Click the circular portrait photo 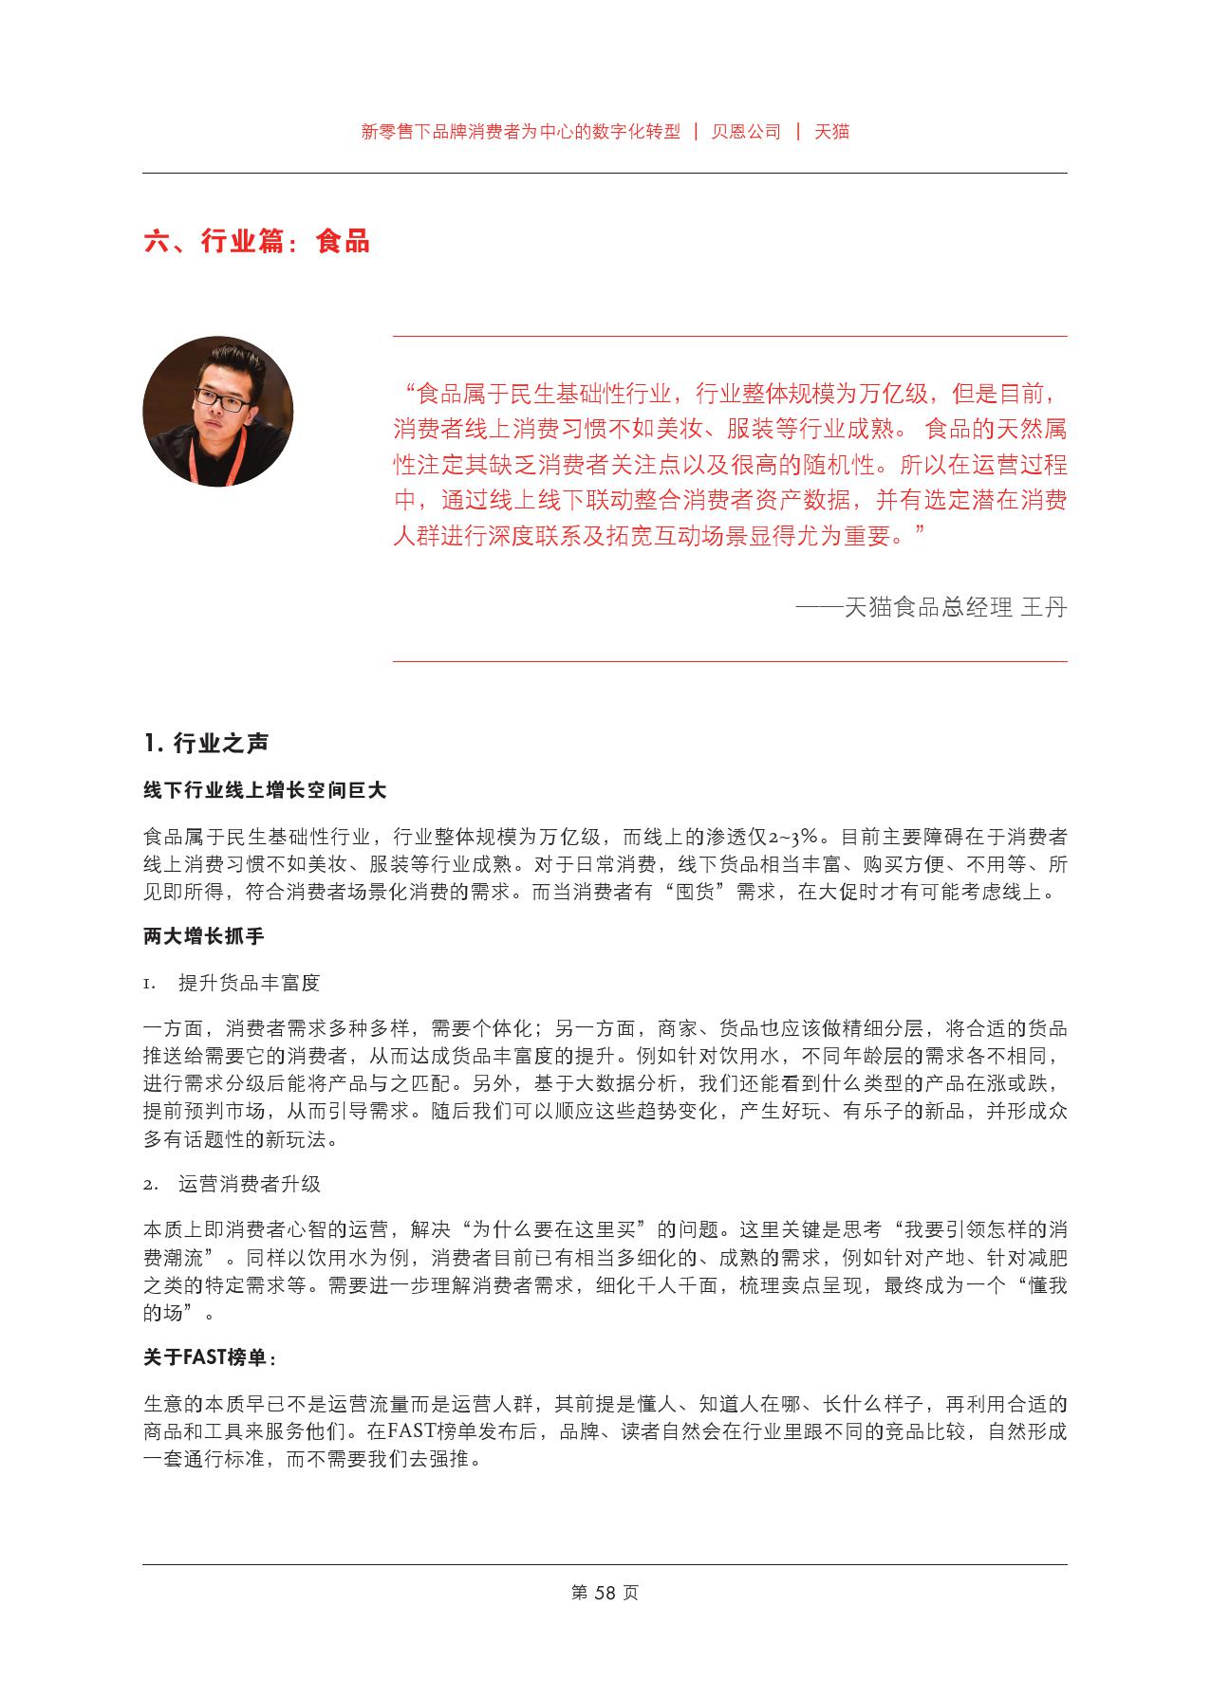click(x=217, y=411)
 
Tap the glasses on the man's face click(x=222, y=400)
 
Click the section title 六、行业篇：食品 click(x=256, y=242)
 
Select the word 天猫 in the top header click(x=832, y=132)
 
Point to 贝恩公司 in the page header click(x=746, y=132)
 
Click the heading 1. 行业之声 click(x=206, y=744)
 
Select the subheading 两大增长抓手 click(x=203, y=936)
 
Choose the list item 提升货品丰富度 click(x=249, y=983)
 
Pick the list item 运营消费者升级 click(x=249, y=1184)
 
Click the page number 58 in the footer click(x=605, y=1593)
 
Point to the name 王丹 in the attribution click(x=1043, y=607)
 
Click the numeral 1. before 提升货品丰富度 click(x=149, y=984)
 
